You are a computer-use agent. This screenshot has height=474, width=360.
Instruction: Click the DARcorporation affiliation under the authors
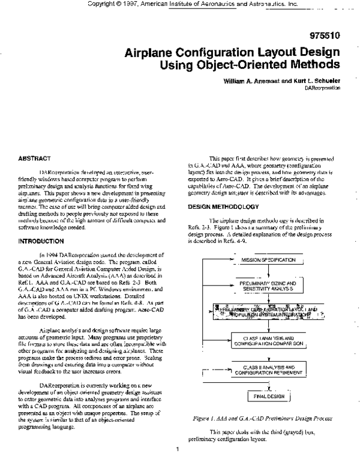tap(322, 87)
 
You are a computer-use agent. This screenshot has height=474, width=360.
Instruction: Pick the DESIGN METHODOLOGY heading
tap(223, 206)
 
